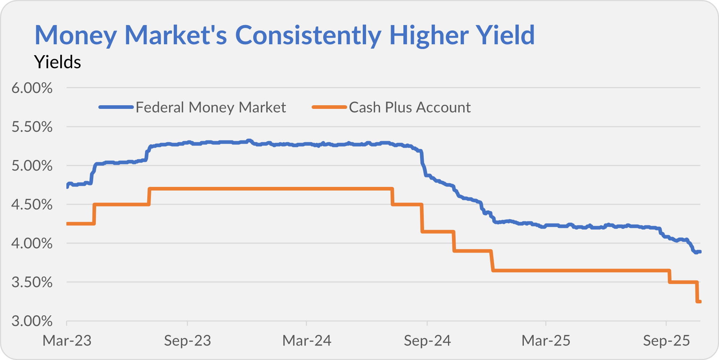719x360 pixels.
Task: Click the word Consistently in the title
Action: click(x=308, y=35)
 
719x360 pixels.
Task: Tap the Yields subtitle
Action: click(x=57, y=62)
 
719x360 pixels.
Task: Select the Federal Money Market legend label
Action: click(x=211, y=107)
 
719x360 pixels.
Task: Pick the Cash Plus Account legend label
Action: click(x=410, y=107)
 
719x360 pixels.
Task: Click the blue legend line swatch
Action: click(x=116, y=107)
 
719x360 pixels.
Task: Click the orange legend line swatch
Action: click(x=329, y=107)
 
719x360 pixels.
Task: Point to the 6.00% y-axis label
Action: click(x=32, y=88)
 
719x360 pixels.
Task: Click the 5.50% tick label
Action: click(x=32, y=127)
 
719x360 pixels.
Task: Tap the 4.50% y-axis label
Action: click(x=32, y=205)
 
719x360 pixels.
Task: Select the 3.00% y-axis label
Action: click(x=32, y=321)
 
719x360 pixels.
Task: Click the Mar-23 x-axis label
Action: click(x=67, y=341)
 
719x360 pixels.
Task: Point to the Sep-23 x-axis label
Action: click(x=187, y=341)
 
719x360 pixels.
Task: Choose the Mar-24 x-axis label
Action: click(x=307, y=341)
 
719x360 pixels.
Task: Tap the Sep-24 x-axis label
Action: click(x=427, y=341)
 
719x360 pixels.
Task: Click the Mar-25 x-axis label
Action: click(x=546, y=341)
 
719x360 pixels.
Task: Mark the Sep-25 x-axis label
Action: click(x=666, y=341)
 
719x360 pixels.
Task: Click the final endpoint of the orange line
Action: click(x=700, y=302)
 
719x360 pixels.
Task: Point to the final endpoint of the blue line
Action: click(x=700, y=252)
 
